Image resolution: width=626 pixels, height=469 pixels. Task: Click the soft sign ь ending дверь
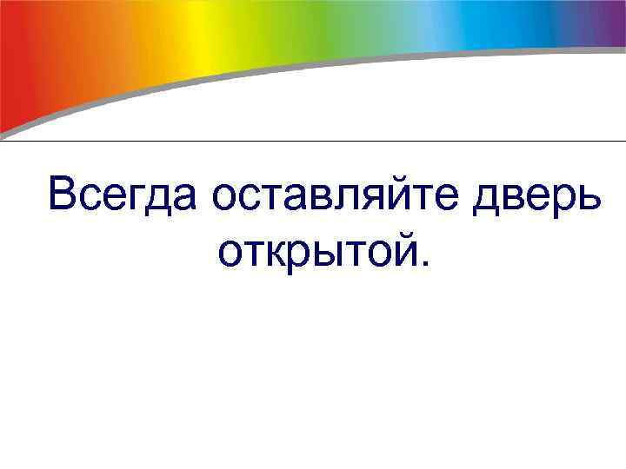(x=588, y=196)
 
